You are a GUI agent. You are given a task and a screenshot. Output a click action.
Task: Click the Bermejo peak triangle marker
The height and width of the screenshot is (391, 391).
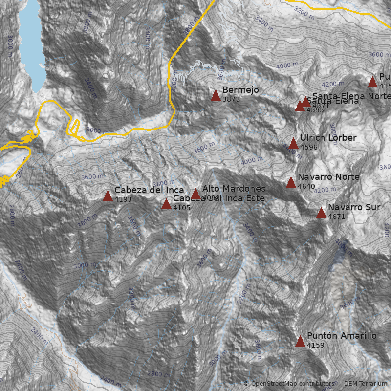pos(216,96)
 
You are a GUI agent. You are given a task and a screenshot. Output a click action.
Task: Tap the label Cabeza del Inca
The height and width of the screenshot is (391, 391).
pos(149,190)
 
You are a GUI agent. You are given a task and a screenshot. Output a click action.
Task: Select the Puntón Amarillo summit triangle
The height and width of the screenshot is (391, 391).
pos(300,341)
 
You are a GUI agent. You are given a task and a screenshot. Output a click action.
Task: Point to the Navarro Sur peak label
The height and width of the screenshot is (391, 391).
pos(354,208)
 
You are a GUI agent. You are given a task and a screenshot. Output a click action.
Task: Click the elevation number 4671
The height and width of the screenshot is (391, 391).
pos(337,217)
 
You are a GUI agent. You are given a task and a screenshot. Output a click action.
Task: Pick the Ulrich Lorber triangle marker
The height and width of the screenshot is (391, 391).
pos(293,143)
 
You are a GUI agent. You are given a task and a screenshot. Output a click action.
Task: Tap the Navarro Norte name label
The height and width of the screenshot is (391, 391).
pos(328,177)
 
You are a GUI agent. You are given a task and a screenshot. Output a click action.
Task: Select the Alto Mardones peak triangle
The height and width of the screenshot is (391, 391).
pos(195,194)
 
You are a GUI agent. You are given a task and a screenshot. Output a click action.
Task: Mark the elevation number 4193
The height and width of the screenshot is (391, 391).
pos(123,199)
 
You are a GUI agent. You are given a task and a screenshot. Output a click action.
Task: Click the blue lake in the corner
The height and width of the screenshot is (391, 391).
pos(30,39)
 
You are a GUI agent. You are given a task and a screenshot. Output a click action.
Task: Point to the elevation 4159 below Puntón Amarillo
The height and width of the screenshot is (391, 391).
pos(316,345)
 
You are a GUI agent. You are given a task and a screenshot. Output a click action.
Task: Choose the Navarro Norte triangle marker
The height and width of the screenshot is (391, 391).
pos(291,182)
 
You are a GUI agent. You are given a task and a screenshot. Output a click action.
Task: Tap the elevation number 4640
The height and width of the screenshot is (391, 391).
pos(306,186)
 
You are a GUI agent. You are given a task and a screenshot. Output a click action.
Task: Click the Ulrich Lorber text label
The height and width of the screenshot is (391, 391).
pos(328,138)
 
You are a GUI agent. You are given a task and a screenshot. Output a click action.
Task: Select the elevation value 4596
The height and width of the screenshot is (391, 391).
pos(309,147)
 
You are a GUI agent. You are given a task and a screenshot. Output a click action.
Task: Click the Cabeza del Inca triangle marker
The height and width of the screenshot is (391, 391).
pos(108,196)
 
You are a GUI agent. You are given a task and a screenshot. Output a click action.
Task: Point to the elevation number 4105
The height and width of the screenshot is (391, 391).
pos(182,208)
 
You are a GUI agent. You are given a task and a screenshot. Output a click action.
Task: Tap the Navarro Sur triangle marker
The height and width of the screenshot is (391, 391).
pos(321,213)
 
